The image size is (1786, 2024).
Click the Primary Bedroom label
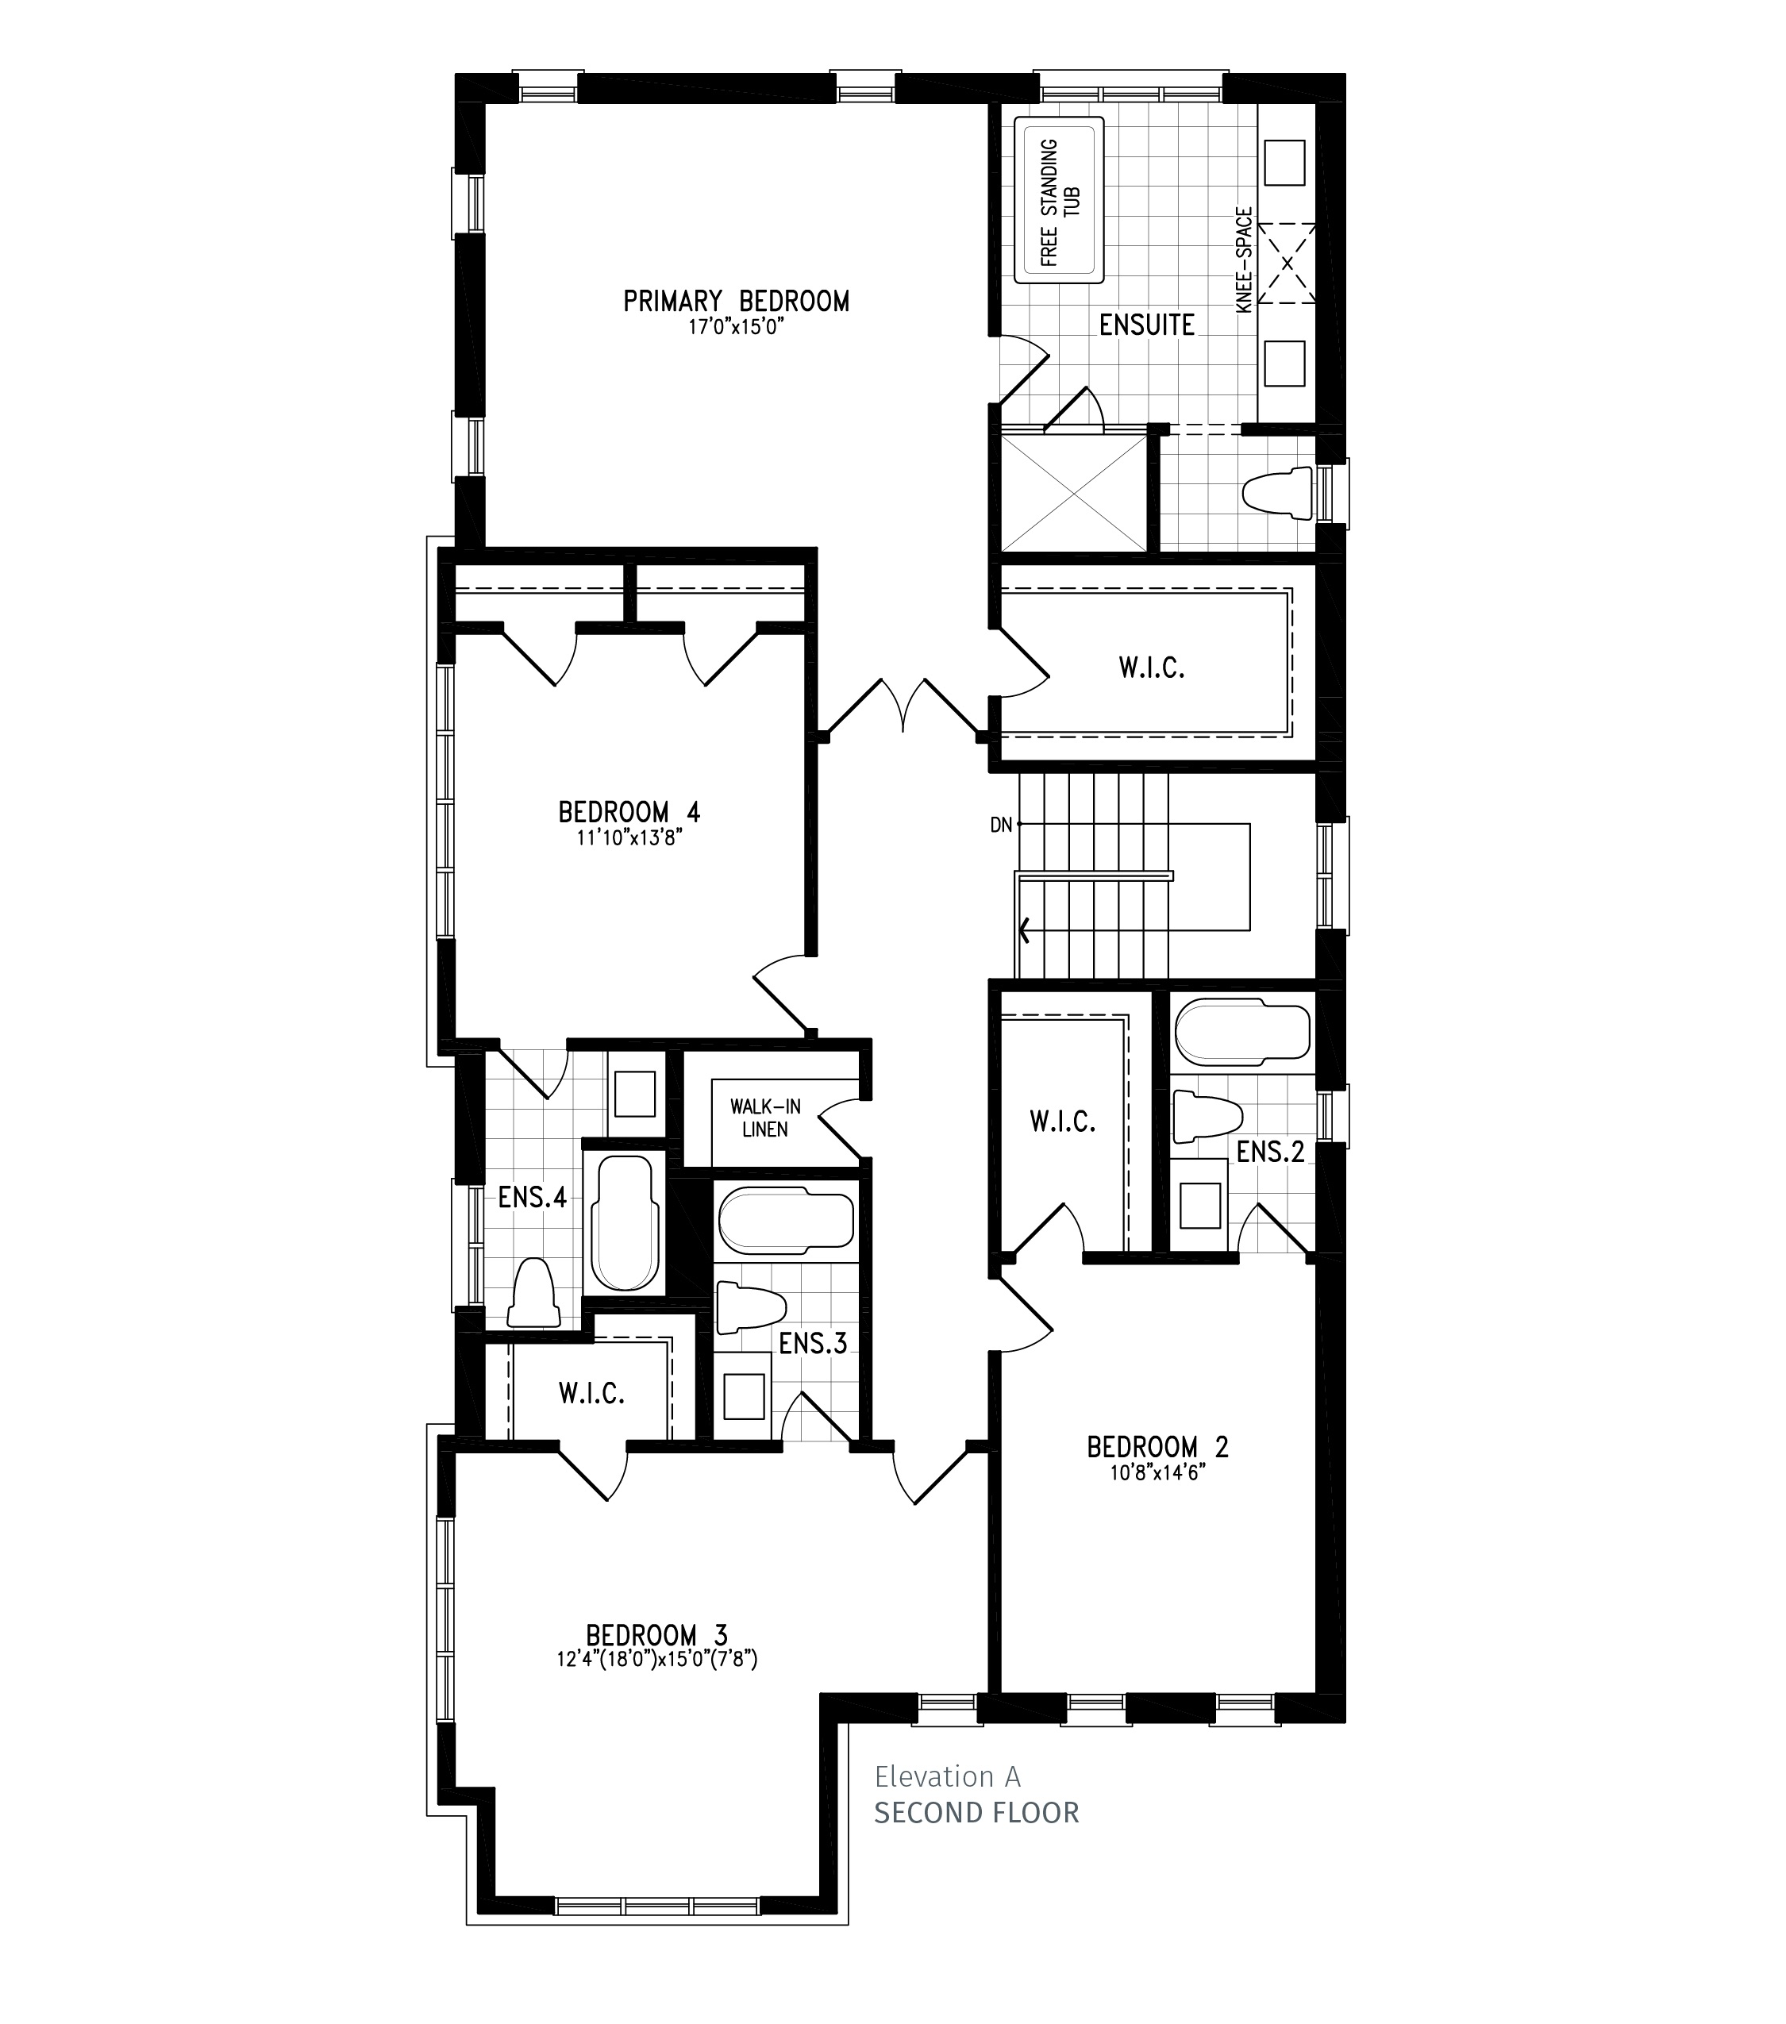click(x=736, y=301)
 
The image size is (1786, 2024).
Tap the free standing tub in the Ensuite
click(x=1058, y=202)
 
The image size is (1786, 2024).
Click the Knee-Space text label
click(x=1245, y=260)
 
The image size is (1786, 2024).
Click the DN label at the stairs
click(x=1001, y=825)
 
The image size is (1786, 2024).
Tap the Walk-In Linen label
click(x=765, y=1118)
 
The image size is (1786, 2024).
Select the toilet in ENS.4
click(x=533, y=1292)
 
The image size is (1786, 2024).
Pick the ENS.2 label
click(x=1270, y=1152)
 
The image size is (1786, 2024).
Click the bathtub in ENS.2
click(x=1242, y=1033)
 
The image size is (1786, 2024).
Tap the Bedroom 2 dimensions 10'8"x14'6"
click(x=1157, y=1472)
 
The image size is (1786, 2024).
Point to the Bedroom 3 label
click(x=656, y=1635)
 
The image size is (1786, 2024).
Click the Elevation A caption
click(x=946, y=1776)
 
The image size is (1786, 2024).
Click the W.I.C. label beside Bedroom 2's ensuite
click(x=1062, y=1122)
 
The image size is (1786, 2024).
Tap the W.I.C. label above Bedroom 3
click(x=591, y=1395)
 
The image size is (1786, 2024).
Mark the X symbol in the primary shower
click(x=1074, y=492)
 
